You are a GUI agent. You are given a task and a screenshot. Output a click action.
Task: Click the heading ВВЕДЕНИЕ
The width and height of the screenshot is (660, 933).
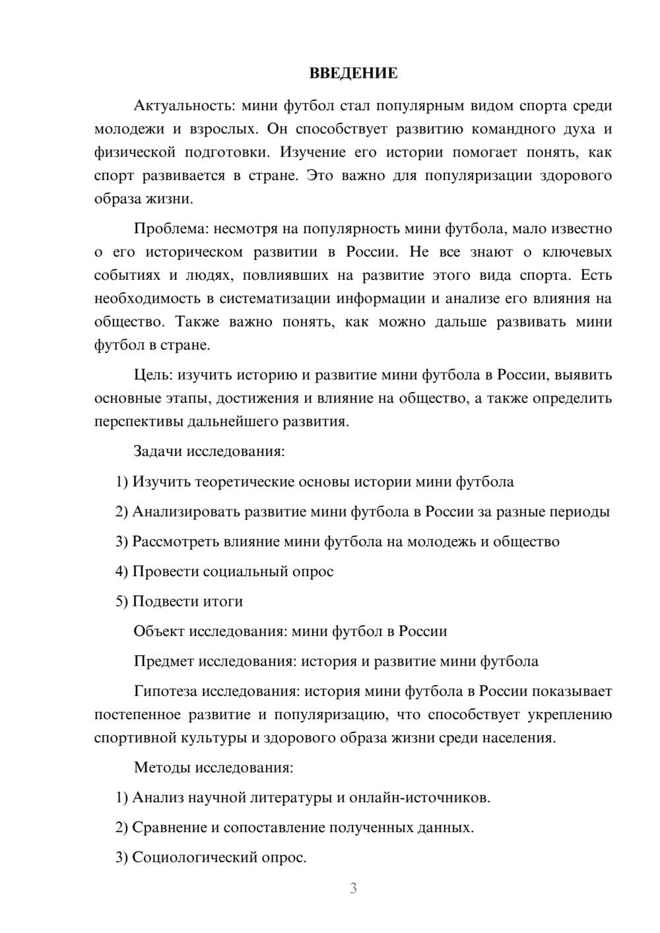[353, 73]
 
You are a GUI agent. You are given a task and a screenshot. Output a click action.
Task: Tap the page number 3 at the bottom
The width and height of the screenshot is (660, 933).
[353, 888]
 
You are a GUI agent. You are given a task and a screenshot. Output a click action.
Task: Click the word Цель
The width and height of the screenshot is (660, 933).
[152, 375]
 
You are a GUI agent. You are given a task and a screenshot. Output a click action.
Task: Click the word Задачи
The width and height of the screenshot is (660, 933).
[158, 452]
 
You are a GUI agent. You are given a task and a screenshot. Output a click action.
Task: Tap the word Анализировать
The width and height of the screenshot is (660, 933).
[186, 511]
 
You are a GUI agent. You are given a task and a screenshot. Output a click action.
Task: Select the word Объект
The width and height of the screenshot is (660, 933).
[159, 631]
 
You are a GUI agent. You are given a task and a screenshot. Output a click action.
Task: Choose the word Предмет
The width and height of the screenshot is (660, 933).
[164, 661]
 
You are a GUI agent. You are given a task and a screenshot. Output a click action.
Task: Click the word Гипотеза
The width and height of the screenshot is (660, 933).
[166, 692]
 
